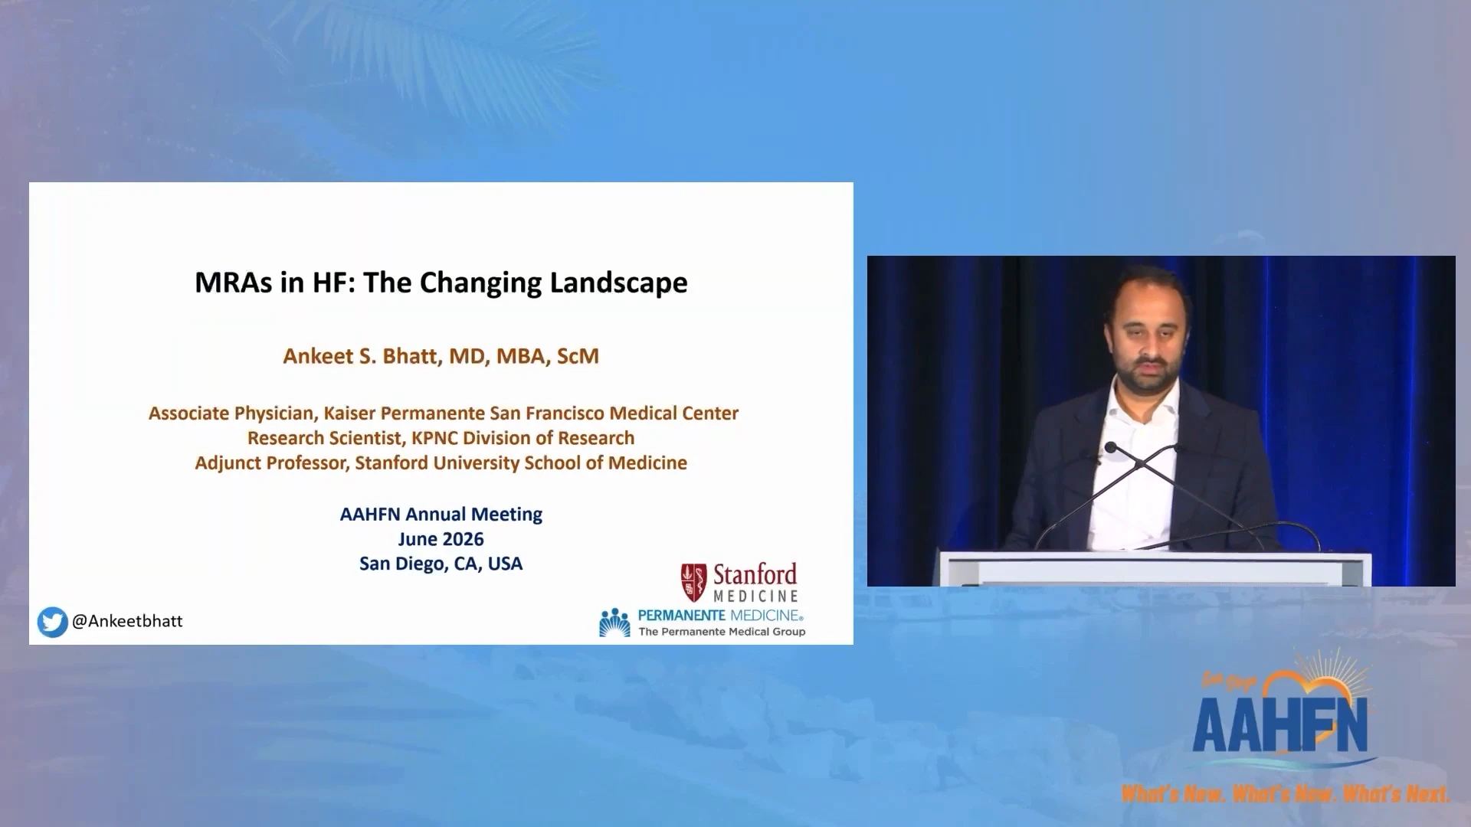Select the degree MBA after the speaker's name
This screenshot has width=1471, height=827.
pos(521,356)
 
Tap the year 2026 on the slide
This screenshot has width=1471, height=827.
pos(463,539)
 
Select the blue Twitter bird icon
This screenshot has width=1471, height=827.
pos(52,622)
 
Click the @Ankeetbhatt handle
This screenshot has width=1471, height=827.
pos(127,621)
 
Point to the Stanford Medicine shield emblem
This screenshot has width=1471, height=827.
pos(693,583)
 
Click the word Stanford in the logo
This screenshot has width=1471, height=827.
pos(755,574)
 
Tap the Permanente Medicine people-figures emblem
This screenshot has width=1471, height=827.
pos(614,623)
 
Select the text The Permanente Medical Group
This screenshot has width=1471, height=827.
pos(722,632)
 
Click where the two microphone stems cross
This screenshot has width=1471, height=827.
pos(1141,463)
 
